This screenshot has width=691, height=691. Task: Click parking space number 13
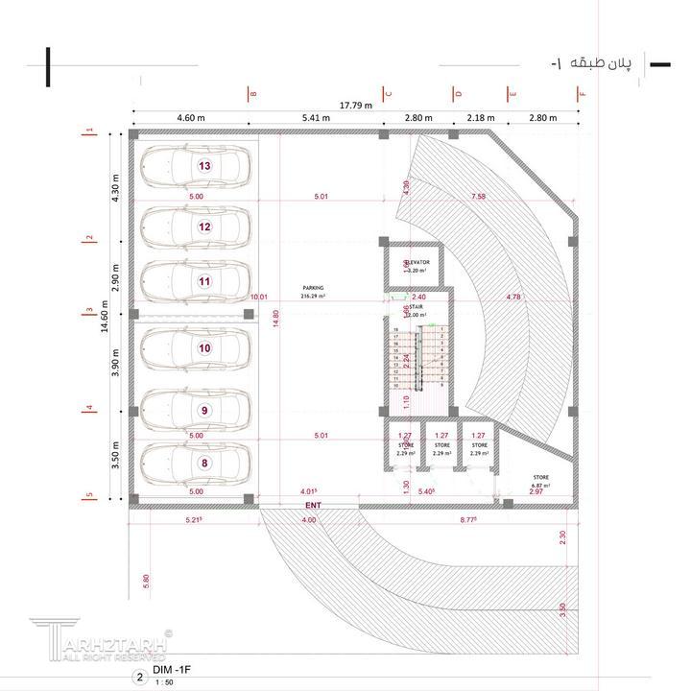pyautogui.click(x=203, y=166)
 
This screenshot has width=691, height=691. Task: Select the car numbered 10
pyautogui.click(x=203, y=348)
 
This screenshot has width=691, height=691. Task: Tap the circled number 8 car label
pyautogui.click(x=203, y=463)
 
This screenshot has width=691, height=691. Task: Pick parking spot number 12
pyautogui.click(x=203, y=227)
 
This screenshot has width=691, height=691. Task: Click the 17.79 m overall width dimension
pyautogui.click(x=356, y=106)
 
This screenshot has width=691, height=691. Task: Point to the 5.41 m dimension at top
pyautogui.click(x=315, y=118)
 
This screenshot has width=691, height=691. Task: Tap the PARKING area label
pyautogui.click(x=313, y=288)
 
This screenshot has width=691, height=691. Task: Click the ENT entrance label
pyautogui.click(x=312, y=504)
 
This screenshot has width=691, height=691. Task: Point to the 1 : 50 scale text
pyautogui.click(x=163, y=683)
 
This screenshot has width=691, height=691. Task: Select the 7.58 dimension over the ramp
pyautogui.click(x=477, y=198)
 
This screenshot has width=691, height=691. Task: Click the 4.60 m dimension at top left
pyautogui.click(x=191, y=118)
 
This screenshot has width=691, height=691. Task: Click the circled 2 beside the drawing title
pyautogui.click(x=141, y=677)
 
